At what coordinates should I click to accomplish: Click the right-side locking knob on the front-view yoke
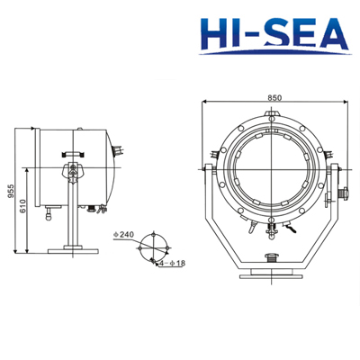tap(345, 193)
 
